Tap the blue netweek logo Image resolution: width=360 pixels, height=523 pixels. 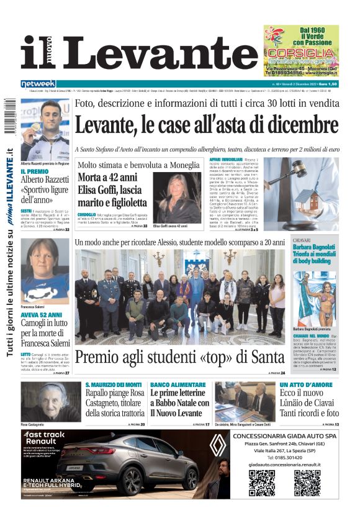point(38,84)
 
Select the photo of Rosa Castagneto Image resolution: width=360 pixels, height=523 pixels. point(50,402)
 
